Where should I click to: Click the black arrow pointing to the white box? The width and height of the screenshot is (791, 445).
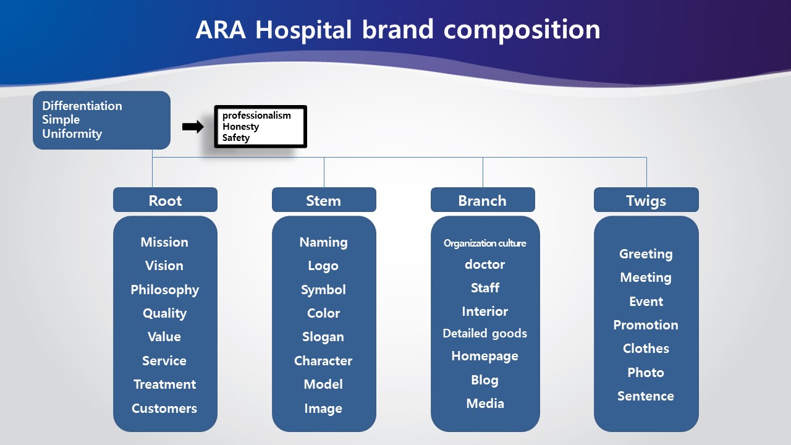point(193,127)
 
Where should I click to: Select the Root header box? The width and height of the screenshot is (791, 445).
point(165,200)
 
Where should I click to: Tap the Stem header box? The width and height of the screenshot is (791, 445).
point(324,200)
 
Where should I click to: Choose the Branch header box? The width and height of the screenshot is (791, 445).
point(483,200)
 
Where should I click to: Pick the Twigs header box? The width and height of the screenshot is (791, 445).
point(646,200)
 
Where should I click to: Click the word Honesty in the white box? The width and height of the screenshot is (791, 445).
point(240,127)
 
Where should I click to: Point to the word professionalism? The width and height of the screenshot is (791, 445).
point(256,116)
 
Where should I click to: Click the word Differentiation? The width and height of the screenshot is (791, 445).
point(82,106)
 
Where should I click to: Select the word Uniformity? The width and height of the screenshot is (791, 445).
point(72,134)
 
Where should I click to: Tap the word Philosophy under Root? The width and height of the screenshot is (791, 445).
point(164,290)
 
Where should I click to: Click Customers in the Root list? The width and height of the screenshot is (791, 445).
point(164,409)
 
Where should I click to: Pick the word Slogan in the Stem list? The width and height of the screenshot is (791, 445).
point(323,337)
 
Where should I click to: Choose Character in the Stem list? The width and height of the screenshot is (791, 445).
point(323,360)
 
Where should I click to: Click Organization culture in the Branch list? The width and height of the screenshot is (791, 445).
point(485,244)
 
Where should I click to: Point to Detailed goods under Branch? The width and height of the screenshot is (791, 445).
point(485,333)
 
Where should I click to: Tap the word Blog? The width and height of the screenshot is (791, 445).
point(484,380)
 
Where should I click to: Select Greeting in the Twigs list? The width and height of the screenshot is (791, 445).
point(646,254)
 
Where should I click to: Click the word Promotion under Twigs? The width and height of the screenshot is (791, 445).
point(646,325)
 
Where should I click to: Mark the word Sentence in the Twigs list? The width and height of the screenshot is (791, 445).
point(646,396)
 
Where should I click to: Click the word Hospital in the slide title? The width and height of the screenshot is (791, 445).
point(303,30)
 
